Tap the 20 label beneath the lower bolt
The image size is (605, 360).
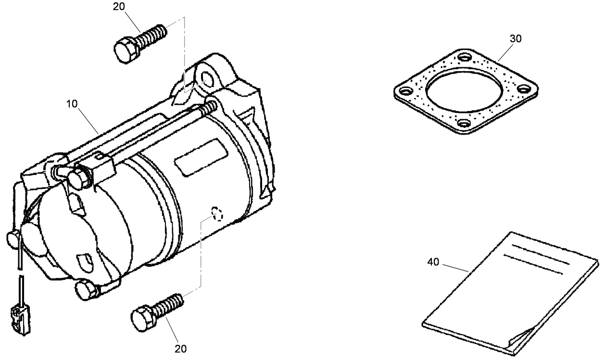click(x=181, y=348)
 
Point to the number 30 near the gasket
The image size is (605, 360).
click(x=515, y=39)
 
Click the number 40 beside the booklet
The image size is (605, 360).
click(x=433, y=262)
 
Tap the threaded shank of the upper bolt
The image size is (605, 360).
click(x=152, y=34)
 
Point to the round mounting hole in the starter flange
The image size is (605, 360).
click(x=208, y=77)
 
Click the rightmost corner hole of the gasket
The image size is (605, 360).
click(x=526, y=89)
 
